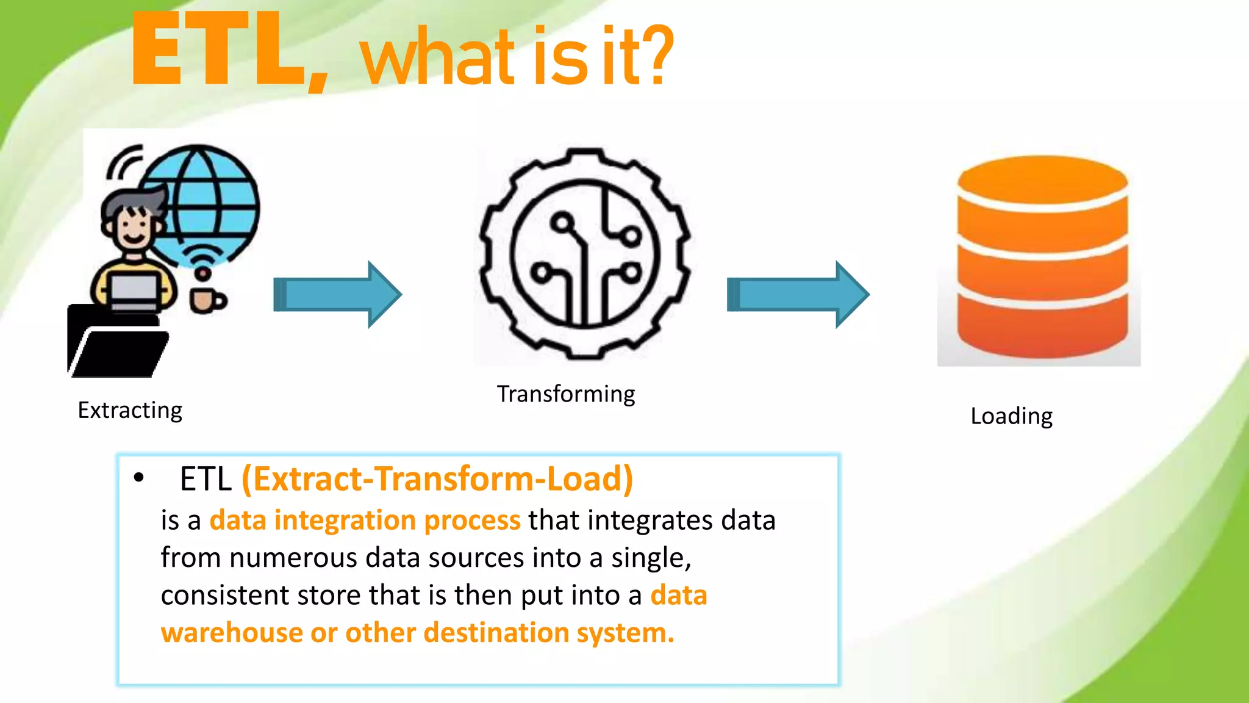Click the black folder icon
(x=116, y=345)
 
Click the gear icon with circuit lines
(x=584, y=253)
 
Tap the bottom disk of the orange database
(x=1042, y=326)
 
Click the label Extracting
(x=130, y=411)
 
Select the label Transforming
(x=566, y=394)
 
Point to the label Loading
(x=1011, y=416)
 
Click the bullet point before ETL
(x=139, y=478)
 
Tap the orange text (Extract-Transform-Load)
(x=437, y=479)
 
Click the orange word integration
(x=345, y=521)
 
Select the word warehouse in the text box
(x=232, y=633)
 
